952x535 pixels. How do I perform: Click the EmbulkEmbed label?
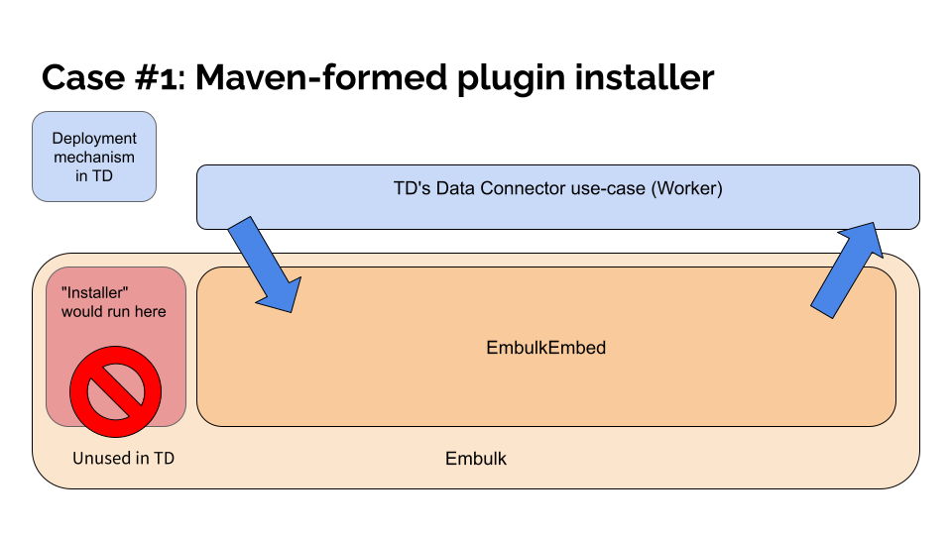pyautogui.click(x=545, y=348)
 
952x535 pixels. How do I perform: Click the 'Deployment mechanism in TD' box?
pyautogui.click(x=94, y=157)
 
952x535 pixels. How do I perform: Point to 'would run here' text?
pyautogui.click(x=114, y=311)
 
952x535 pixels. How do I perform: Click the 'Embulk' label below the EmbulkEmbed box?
pyautogui.click(x=476, y=459)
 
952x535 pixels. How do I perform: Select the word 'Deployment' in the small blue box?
pyautogui.click(x=94, y=139)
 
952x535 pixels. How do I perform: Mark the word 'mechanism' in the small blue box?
pyautogui.click(x=94, y=157)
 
